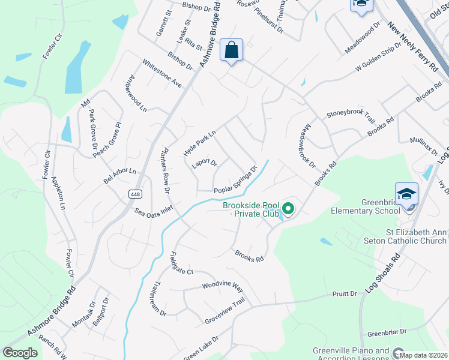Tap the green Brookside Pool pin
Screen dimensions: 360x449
pyautogui.click(x=289, y=209)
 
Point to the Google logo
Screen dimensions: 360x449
pyautogui.click(x=20, y=353)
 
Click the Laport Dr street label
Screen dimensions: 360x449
pyautogui.click(x=204, y=163)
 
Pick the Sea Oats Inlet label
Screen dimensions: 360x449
pyautogui.click(x=154, y=212)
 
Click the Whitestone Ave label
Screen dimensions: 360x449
pyautogui.click(x=161, y=74)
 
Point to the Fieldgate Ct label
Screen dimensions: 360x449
pyautogui.click(x=182, y=263)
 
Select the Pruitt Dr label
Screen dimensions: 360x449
pyautogui.click(x=345, y=294)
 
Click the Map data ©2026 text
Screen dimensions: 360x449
pyautogui.click(x=424, y=355)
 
